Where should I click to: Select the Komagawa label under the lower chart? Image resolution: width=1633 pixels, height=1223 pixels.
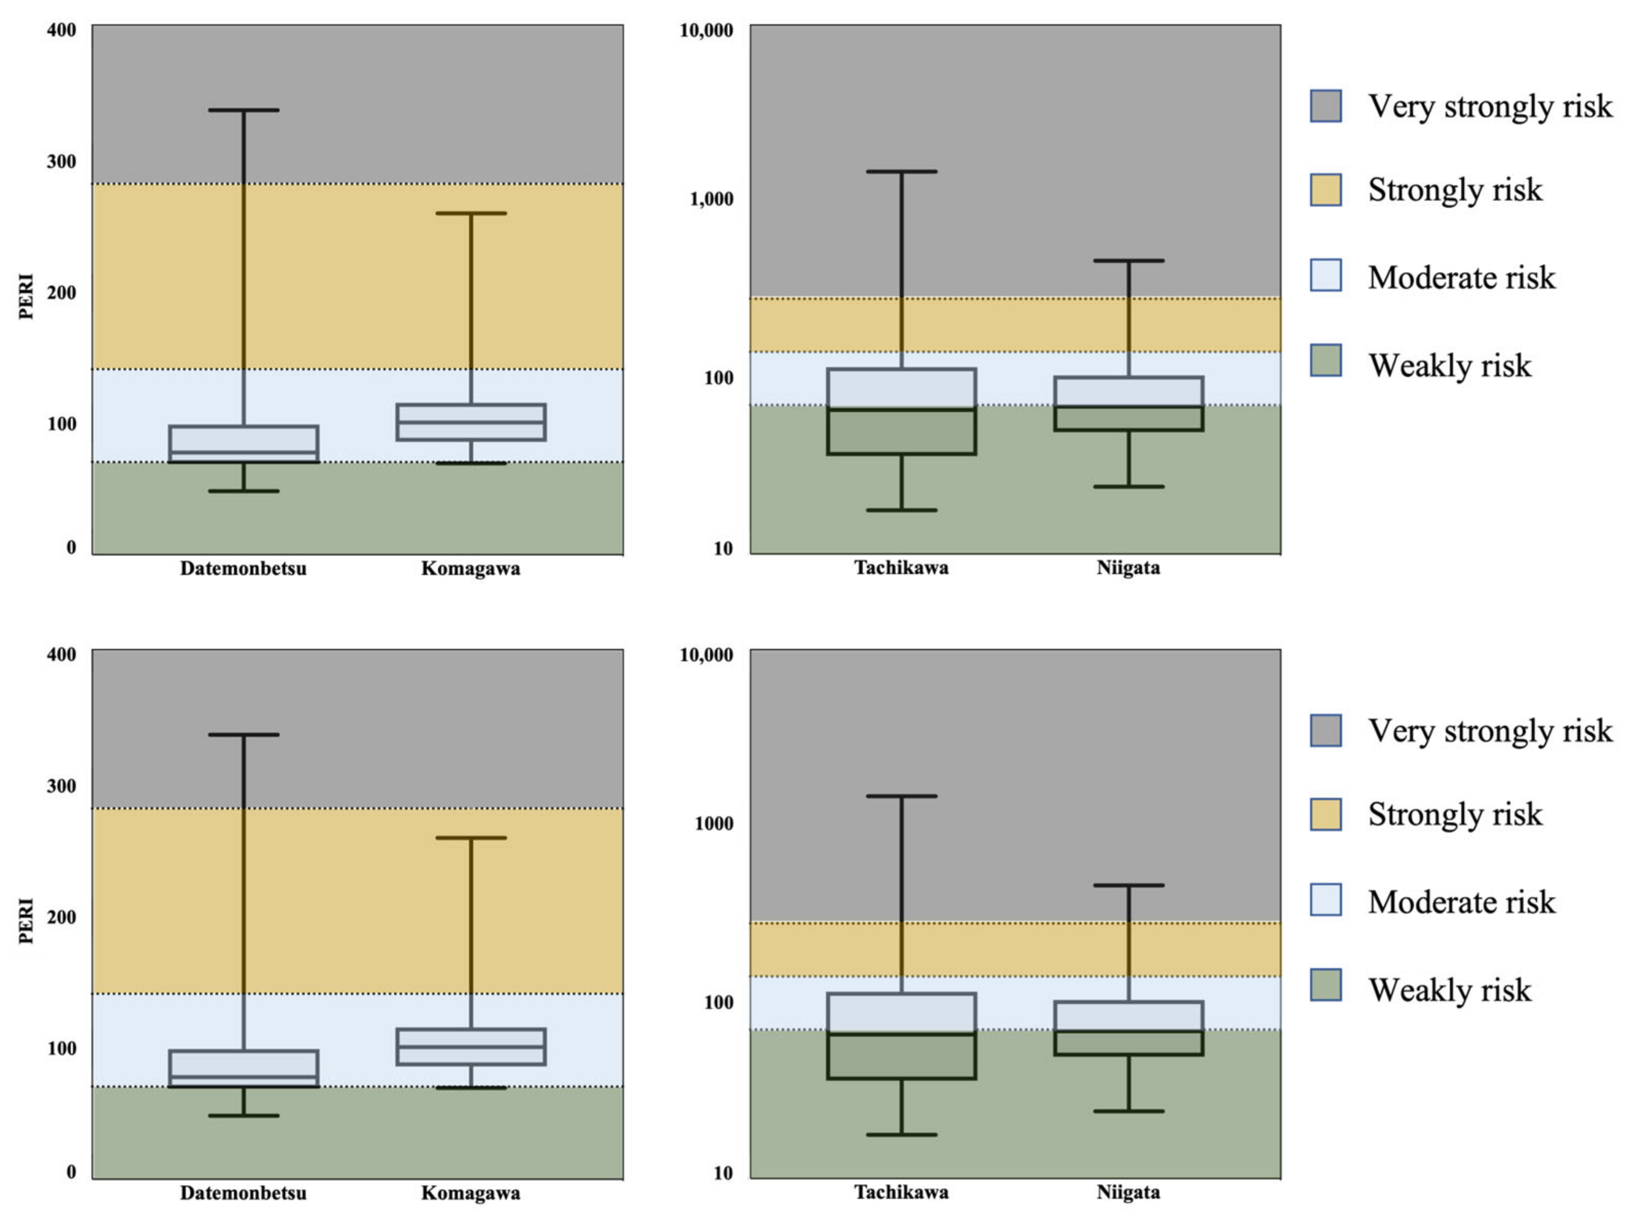(470, 1193)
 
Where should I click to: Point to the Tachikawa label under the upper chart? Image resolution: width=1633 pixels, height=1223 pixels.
(901, 567)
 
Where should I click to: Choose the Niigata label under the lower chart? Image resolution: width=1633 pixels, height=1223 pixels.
(1128, 1192)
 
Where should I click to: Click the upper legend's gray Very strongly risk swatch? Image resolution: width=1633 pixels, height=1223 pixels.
(1326, 106)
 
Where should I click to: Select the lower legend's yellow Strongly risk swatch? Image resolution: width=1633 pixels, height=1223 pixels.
(1326, 814)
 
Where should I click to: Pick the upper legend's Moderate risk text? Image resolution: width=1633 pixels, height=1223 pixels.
(1461, 278)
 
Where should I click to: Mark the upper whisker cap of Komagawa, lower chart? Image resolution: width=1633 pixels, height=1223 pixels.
(470, 838)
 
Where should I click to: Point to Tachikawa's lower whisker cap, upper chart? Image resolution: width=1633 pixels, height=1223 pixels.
(901, 510)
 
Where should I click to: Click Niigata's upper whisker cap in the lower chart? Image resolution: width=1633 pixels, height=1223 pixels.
(1129, 885)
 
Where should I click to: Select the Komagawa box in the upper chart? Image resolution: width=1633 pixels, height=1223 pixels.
(470, 422)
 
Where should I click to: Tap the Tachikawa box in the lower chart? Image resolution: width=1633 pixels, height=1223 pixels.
(901, 1036)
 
